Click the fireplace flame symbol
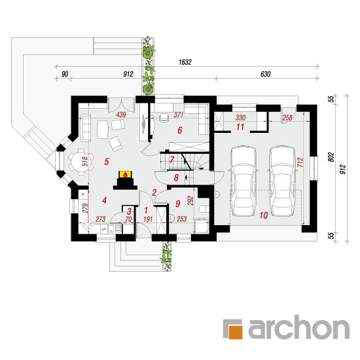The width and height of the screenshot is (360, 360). click(x=126, y=175)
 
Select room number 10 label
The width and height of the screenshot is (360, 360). click(x=264, y=215)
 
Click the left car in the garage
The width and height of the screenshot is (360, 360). click(x=243, y=181)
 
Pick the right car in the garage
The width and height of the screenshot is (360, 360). click(x=282, y=181)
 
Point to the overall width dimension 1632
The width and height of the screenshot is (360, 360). click(x=185, y=62)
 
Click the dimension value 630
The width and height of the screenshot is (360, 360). click(x=265, y=74)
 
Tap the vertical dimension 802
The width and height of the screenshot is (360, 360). click(x=331, y=157)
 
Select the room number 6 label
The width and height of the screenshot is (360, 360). click(x=180, y=130)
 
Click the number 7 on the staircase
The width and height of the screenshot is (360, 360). click(x=172, y=160)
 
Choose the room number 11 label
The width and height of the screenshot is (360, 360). click(x=240, y=127)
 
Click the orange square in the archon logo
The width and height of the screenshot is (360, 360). click(x=236, y=332)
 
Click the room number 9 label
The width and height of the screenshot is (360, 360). click(x=177, y=204)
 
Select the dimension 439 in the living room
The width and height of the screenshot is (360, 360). click(x=121, y=115)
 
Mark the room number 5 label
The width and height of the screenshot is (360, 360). click(x=107, y=162)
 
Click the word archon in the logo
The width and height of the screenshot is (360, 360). click(x=299, y=327)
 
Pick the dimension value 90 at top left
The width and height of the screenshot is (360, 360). click(x=65, y=74)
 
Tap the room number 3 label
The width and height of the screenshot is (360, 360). click(x=129, y=211)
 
